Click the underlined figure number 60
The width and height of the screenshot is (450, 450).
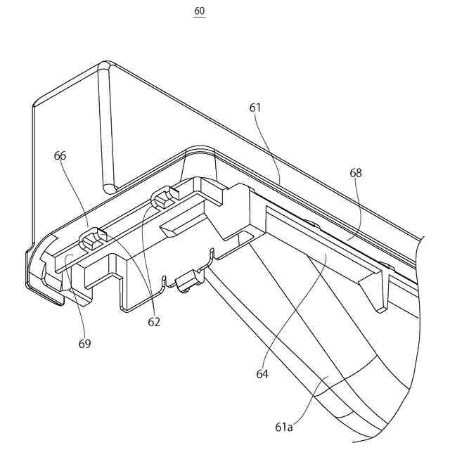pos(200,11)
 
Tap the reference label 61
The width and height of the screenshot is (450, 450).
pos(255,108)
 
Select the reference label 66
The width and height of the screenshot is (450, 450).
pos(60,155)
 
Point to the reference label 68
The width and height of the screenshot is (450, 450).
pos(356,172)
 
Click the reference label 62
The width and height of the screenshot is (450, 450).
pos(154,322)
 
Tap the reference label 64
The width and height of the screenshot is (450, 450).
pos(262,374)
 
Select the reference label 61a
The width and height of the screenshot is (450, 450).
pos(284,426)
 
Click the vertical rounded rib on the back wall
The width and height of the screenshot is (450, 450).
pos(105,127)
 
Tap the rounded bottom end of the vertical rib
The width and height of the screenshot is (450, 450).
pos(108,186)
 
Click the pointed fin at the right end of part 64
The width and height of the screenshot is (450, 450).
pos(380,288)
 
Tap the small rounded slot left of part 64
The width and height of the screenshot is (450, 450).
pos(244,234)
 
